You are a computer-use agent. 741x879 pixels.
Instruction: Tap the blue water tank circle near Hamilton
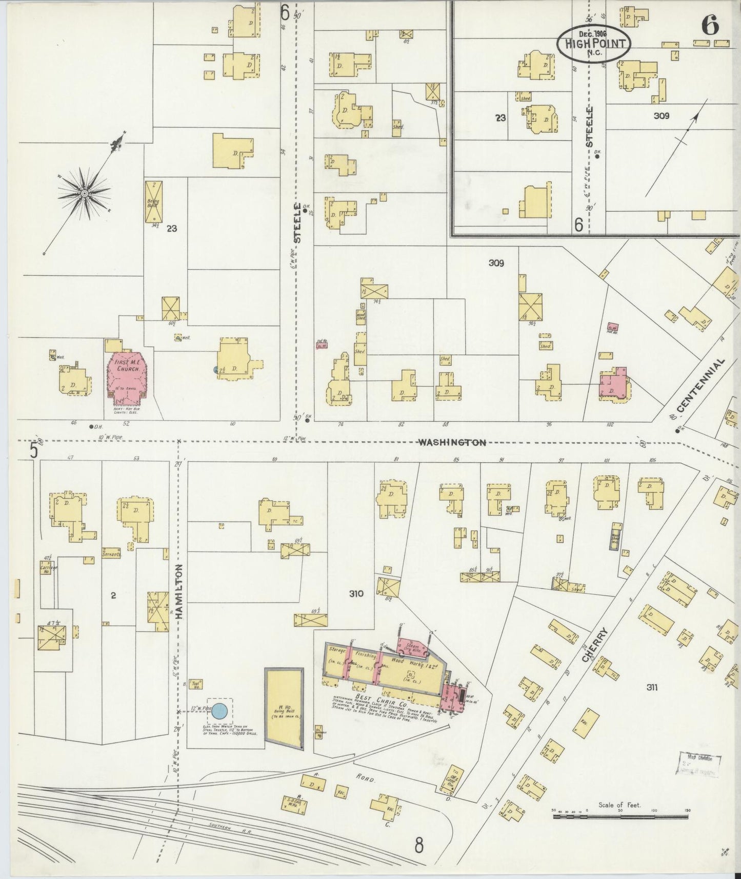[219, 711]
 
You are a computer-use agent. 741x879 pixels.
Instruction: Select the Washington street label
[451, 442]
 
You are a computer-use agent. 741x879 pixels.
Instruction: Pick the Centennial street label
[700, 385]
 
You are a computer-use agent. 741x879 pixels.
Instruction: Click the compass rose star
[84, 193]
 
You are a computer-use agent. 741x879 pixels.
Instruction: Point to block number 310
[356, 594]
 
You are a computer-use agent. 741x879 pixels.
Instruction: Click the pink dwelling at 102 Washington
[613, 385]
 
